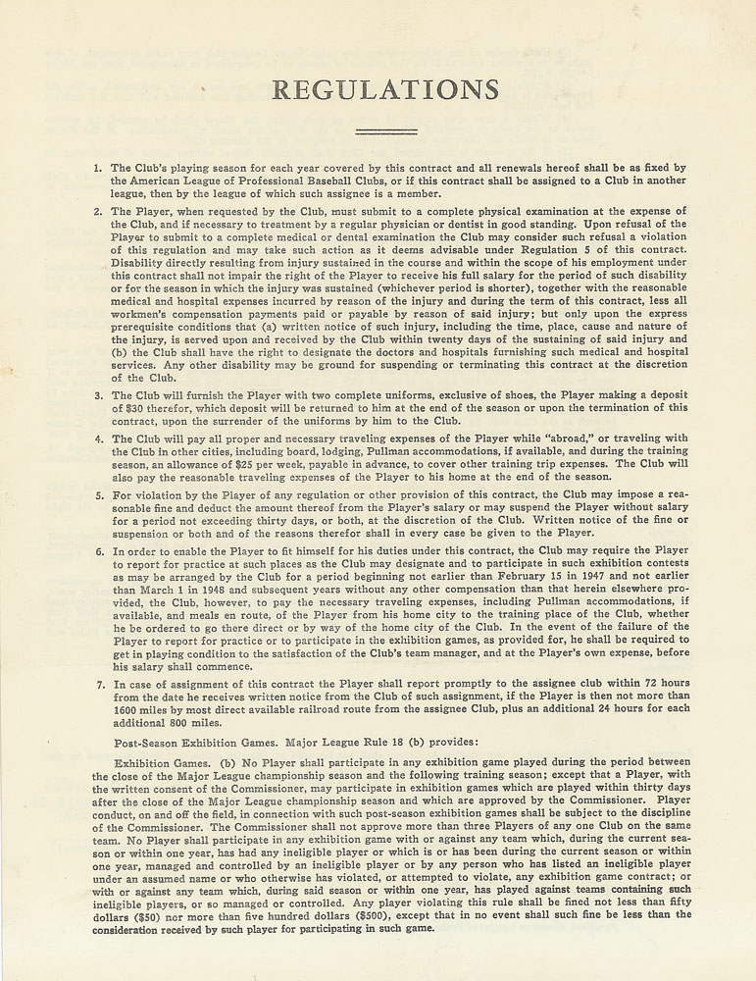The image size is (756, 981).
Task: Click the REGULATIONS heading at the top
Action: point(384,90)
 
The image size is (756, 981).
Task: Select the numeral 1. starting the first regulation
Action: point(98,168)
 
